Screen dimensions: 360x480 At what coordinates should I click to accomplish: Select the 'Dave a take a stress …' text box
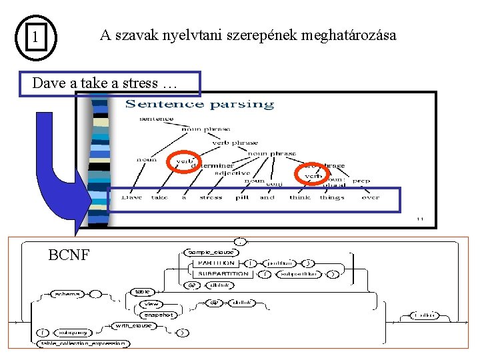109,84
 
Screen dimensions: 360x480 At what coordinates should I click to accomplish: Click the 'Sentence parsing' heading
199,104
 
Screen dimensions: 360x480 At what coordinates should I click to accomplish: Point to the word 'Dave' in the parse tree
131,197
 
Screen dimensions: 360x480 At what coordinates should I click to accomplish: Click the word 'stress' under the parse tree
211,197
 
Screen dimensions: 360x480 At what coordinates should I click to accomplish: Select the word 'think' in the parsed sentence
299,197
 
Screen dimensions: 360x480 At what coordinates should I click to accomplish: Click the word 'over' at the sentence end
370,197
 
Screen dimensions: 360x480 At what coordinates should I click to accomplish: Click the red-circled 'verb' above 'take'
185,161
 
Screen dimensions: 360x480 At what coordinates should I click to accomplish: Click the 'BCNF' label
69,255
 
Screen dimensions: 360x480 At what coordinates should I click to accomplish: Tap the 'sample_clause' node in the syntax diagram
211,253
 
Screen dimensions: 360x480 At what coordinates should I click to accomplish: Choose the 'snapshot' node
157,315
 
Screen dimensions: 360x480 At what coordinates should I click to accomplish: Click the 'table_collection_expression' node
83,343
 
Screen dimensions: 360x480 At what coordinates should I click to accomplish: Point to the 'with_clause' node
133,325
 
